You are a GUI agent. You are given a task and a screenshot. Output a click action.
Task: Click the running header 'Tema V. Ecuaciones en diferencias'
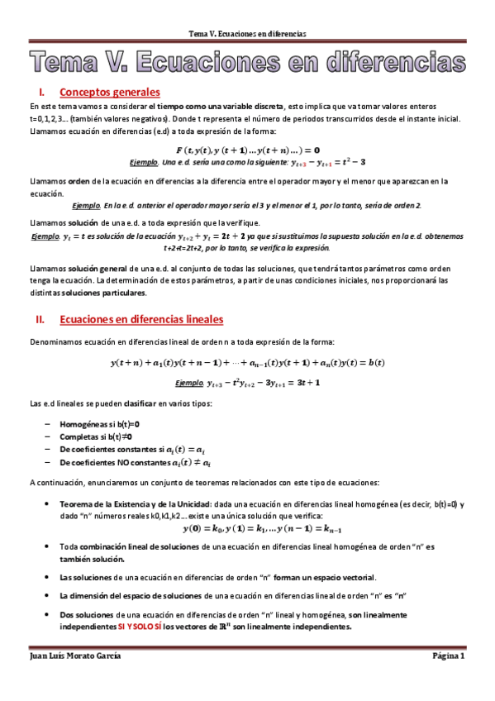pyautogui.click(x=247, y=34)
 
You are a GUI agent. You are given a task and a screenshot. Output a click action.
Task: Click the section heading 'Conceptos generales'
pyautogui.click(x=110, y=93)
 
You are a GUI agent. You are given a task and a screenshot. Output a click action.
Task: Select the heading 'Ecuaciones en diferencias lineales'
pyautogui.click(x=141, y=319)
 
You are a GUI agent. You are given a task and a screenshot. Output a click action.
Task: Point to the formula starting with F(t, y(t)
pyautogui.click(x=247, y=150)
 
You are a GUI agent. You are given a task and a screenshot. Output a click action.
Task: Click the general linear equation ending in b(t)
pyautogui.click(x=247, y=363)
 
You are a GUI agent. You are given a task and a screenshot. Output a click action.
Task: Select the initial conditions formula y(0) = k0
pyautogui.click(x=247, y=527)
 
